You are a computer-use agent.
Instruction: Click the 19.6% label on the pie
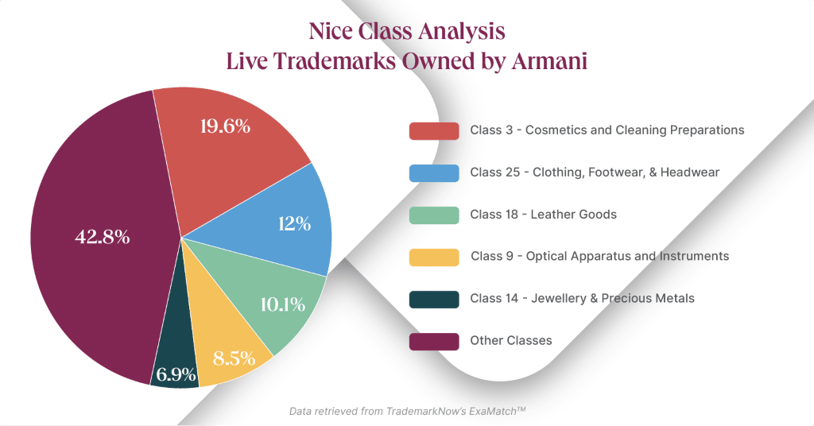225,126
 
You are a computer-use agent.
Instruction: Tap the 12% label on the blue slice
294,223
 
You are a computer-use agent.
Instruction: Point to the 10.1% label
282,304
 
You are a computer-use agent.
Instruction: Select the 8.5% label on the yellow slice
235,358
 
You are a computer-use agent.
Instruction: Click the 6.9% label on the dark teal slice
176,374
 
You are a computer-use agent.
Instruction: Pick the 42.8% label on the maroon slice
103,237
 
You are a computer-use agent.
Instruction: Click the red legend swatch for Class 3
434,131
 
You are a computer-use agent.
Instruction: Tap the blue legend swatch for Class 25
434,172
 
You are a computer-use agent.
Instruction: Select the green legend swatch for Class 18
434,215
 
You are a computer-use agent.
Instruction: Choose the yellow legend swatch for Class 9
434,258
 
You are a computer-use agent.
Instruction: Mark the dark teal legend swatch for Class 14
434,300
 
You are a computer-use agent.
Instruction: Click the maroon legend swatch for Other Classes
434,342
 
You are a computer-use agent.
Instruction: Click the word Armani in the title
549,60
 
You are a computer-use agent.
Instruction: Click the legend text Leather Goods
574,215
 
